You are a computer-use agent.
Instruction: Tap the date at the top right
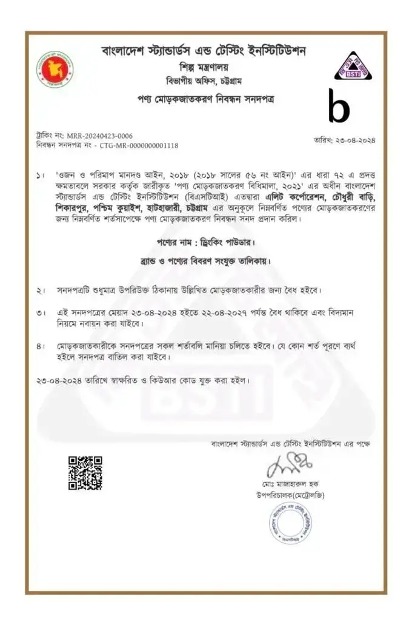pyautogui.click(x=344, y=140)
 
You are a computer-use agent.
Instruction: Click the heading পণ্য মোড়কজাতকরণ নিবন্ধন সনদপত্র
pyautogui.click(x=205, y=97)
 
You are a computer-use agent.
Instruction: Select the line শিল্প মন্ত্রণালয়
pyautogui.click(x=205, y=66)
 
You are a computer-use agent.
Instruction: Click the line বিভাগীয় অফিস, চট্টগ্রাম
pyautogui.click(x=205, y=81)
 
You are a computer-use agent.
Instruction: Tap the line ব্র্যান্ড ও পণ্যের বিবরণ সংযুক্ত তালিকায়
pyautogui.click(x=204, y=262)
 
